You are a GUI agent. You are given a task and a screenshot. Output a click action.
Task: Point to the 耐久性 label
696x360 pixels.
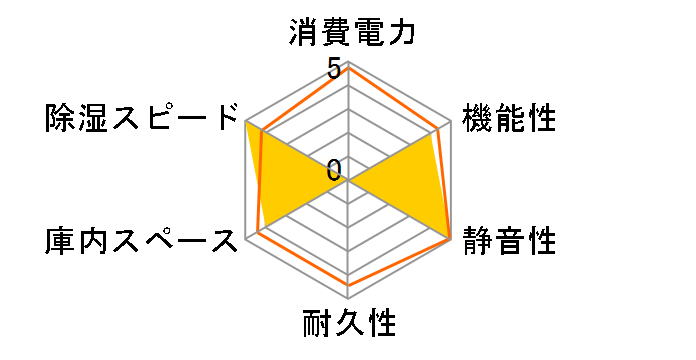349,324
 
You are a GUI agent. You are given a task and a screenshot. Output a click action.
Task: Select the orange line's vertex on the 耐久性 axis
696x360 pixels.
349,285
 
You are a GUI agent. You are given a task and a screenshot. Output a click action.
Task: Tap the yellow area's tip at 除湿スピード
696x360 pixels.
246,120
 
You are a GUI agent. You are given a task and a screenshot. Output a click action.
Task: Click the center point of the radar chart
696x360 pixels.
349,180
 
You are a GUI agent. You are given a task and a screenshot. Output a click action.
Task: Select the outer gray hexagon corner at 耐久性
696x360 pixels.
349,299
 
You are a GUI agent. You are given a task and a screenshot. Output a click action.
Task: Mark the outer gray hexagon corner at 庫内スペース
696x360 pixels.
246,239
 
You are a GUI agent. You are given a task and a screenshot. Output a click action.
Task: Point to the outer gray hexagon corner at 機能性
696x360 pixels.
452,120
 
